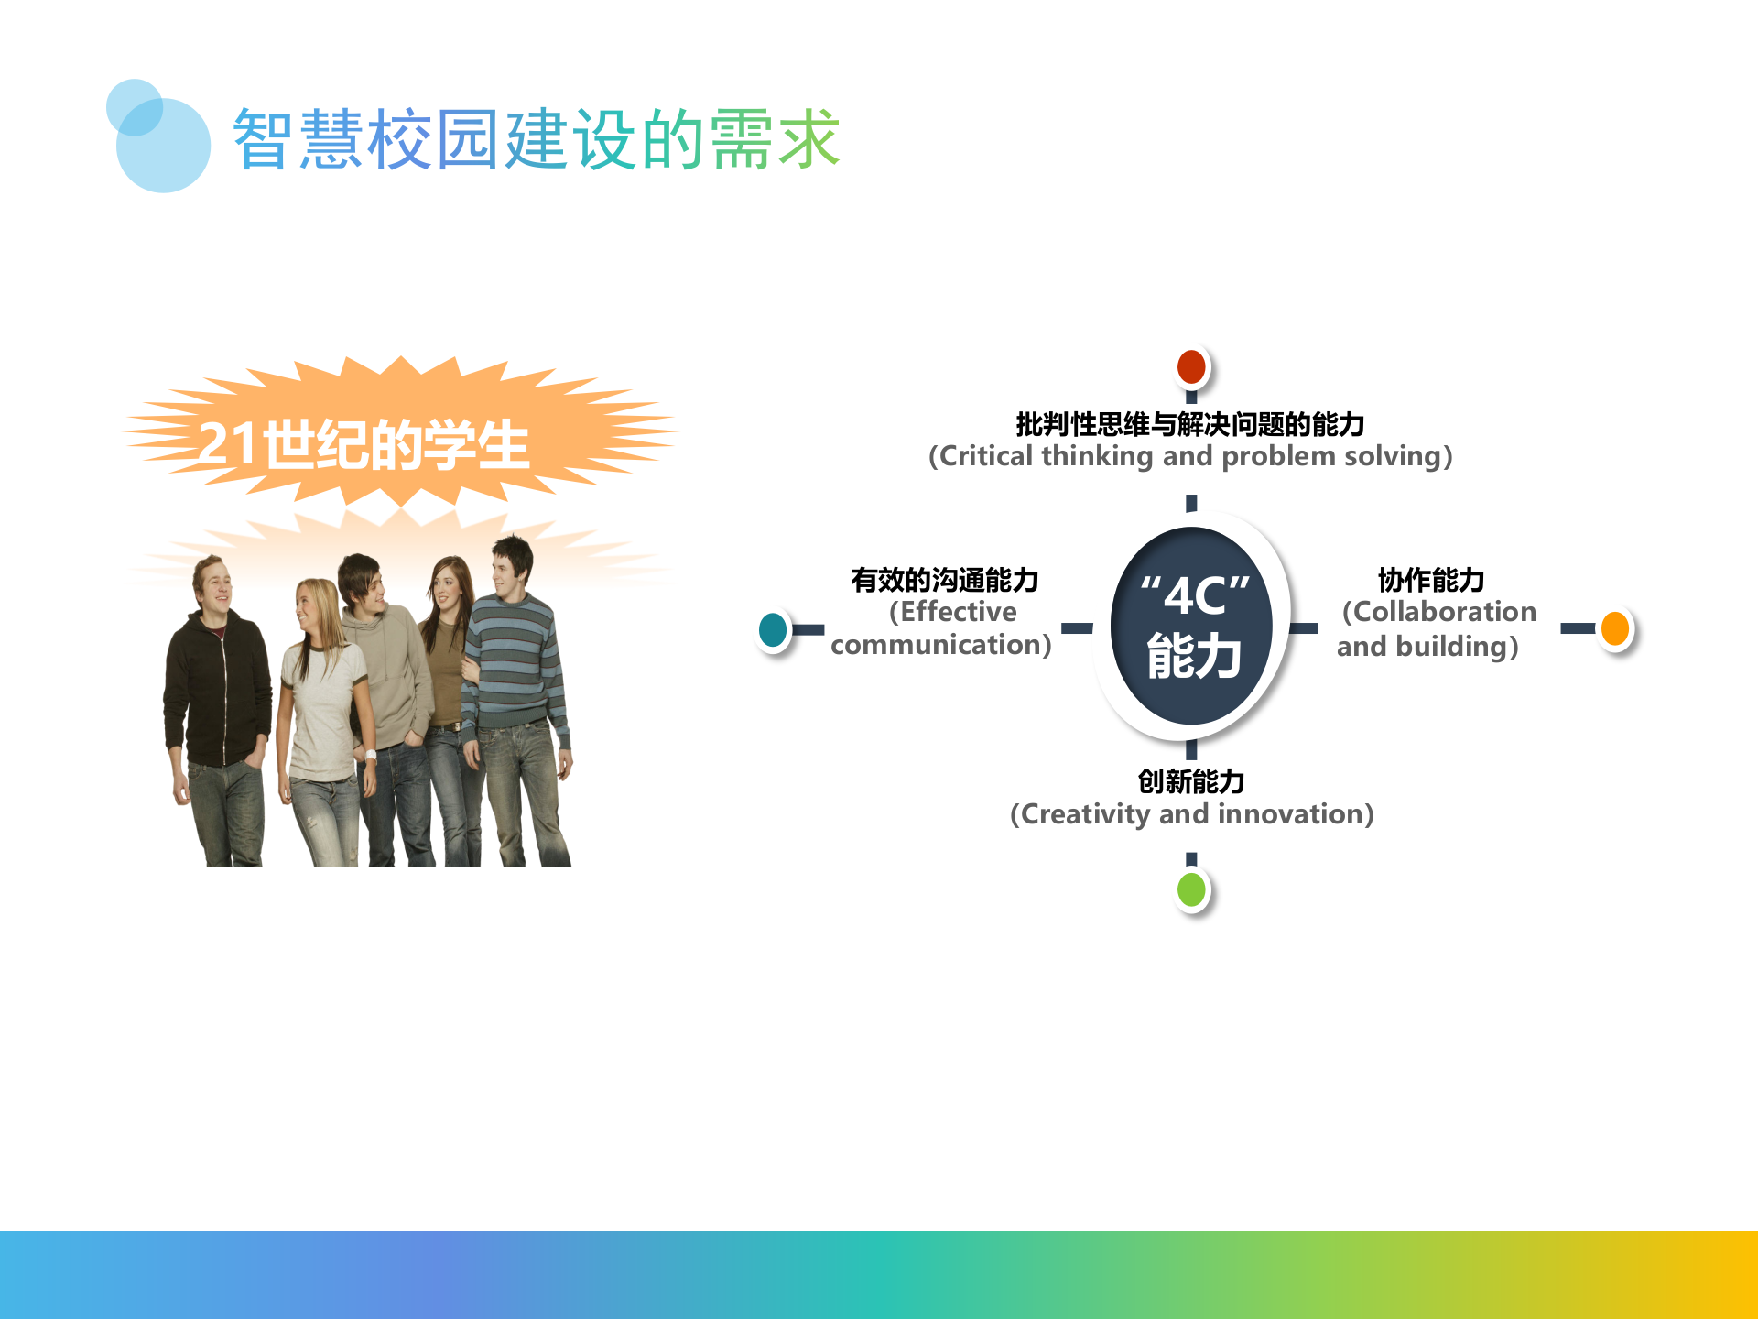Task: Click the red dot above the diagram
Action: [1191, 367]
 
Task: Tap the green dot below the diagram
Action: [1191, 889]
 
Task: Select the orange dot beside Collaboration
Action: [1615, 628]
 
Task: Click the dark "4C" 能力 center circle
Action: [1191, 627]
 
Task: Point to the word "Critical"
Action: [987, 456]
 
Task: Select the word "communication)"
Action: [940, 645]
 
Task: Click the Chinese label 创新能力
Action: [1191, 781]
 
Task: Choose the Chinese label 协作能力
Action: [1431, 580]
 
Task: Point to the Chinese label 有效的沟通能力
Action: [944, 580]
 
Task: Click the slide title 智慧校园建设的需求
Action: [536, 139]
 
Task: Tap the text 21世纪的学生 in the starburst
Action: [364, 445]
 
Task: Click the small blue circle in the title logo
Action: [135, 107]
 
